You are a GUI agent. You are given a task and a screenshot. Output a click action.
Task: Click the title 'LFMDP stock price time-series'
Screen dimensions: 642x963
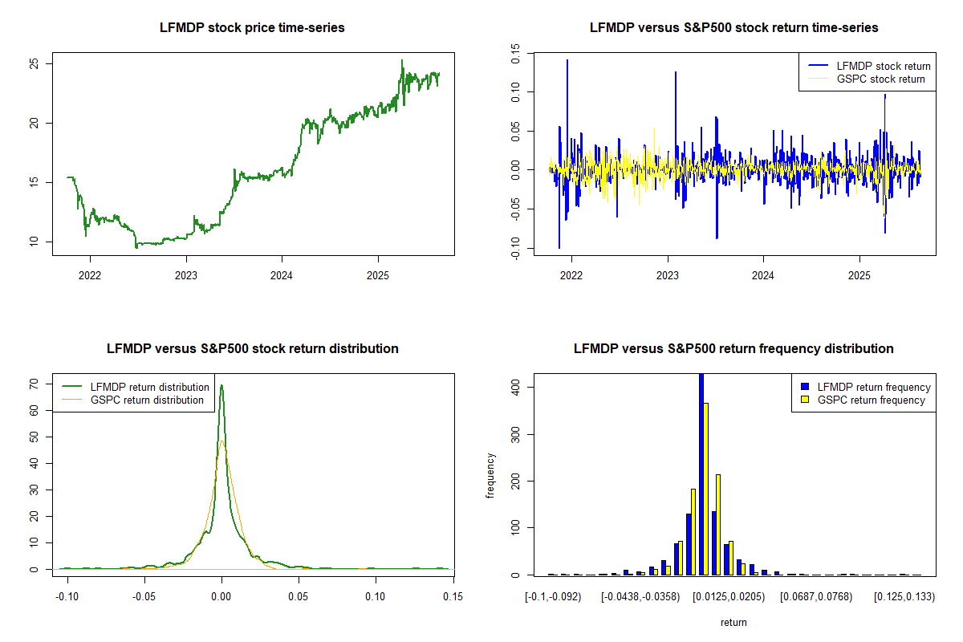253,28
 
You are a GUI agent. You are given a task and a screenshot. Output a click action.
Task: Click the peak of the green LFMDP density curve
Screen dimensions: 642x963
221,386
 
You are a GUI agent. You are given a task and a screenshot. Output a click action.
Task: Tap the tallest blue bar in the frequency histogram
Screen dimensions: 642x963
701,473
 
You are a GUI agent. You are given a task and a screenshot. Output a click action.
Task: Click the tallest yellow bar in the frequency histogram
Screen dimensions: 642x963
706,489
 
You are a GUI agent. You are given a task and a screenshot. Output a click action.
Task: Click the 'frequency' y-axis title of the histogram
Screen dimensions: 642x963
490,476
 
